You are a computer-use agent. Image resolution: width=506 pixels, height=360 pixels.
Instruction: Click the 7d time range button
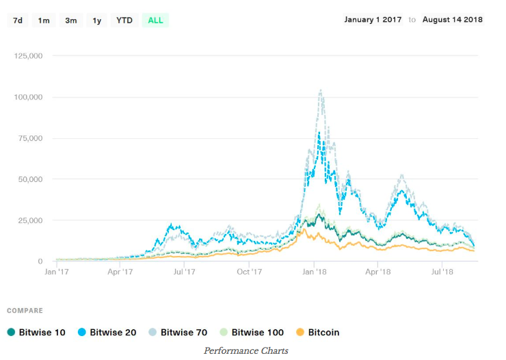[x=18, y=20]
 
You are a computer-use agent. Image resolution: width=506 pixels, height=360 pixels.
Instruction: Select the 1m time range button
[x=44, y=20]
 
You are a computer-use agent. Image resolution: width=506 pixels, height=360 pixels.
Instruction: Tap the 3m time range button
[x=71, y=20]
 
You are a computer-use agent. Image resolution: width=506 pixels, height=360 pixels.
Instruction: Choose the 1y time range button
[x=97, y=20]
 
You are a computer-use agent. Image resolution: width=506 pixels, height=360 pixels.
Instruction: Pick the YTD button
[x=124, y=20]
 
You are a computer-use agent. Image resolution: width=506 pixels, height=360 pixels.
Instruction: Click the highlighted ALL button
[x=155, y=20]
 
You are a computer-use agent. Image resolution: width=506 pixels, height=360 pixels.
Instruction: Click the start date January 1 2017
[x=373, y=19]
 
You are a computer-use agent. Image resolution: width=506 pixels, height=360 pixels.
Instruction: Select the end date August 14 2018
[x=452, y=19]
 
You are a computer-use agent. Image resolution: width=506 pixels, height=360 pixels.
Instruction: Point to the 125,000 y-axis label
[x=29, y=56]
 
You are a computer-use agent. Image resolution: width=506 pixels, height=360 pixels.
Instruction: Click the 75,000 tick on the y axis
[x=31, y=138]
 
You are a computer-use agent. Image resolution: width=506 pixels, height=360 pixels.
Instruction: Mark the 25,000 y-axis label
[x=31, y=220]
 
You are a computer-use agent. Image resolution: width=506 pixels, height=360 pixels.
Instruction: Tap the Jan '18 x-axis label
[x=314, y=272]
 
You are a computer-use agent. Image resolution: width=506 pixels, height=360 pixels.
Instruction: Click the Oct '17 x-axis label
[x=250, y=272]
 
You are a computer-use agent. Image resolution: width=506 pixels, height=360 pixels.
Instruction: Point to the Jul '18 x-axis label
[x=442, y=272]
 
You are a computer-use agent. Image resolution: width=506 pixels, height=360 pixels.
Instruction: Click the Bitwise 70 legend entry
[x=179, y=333]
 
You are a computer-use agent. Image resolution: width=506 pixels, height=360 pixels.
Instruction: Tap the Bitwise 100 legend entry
[x=251, y=333]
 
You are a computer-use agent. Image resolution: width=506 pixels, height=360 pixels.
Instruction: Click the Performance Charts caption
[x=246, y=350]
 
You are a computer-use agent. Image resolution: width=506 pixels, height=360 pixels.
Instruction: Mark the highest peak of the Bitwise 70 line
[x=320, y=90]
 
